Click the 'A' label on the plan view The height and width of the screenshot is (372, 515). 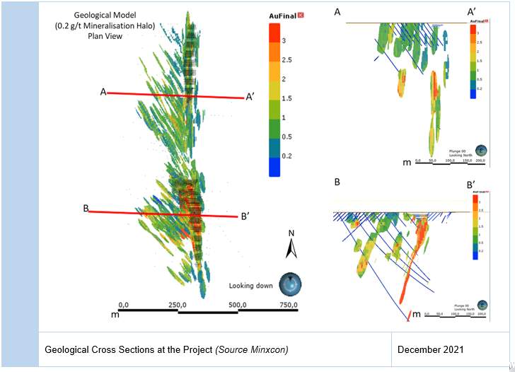(x=103, y=92)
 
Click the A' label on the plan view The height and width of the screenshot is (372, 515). (x=251, y=98)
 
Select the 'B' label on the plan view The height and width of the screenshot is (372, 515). (x=86, y=208)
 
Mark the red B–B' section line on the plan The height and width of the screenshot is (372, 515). (x=163, y=213)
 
